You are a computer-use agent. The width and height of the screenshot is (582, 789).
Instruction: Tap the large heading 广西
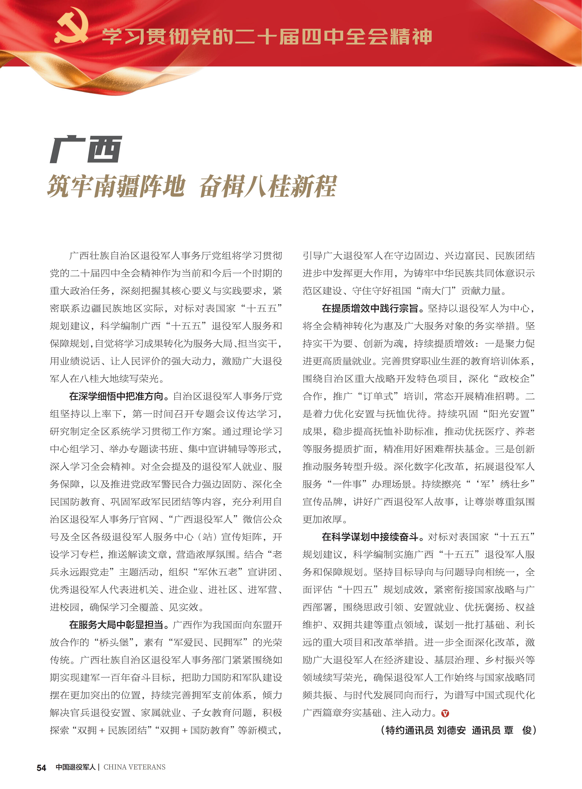(x=86, y=150)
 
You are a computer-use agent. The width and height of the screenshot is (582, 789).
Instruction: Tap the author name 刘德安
(x=451, y=730)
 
